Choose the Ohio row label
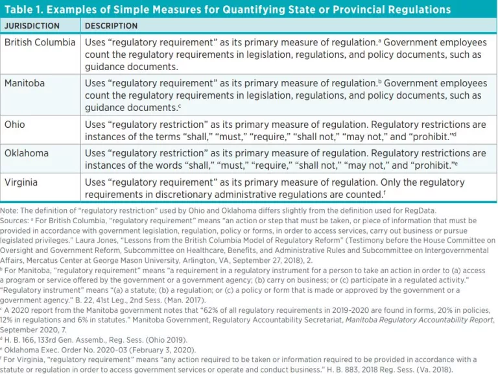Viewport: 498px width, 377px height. tap(15, 125)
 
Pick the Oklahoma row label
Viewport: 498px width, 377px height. tap(27, 153)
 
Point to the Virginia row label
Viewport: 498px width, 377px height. tap(23, 182)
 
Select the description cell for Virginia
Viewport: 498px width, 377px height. tap(285, 188)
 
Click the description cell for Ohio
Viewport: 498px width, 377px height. tap(285, 130)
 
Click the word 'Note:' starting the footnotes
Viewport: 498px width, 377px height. tap(10, 210)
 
